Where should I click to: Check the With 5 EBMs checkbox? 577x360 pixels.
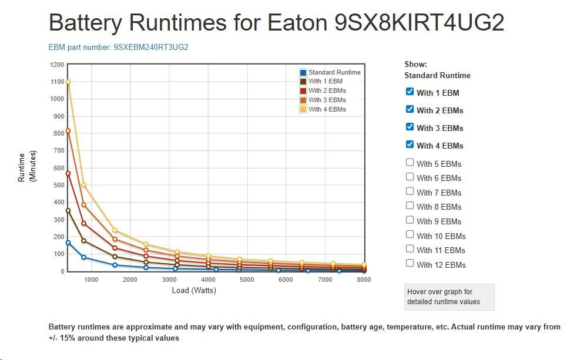[410, 163]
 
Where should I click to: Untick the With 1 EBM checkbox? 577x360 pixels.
[410, 92]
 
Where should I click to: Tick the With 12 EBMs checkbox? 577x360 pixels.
[410, 264]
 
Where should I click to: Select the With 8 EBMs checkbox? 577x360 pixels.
[410, 206]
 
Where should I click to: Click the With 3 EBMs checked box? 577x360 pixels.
[410, 127]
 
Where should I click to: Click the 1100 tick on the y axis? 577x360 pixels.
[56, 82]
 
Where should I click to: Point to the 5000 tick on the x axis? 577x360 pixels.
[247, 280]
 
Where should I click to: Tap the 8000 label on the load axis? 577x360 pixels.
[364, 280]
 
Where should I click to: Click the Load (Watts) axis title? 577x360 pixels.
[194, 290]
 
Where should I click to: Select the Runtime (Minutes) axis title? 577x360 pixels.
[27, 167]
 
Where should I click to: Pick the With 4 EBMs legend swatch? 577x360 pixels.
[303, 110]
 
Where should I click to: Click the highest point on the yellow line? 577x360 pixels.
[68, 82]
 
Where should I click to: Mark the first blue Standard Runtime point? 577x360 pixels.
[68, 243]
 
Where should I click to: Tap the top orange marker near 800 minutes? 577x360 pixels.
[68, 130]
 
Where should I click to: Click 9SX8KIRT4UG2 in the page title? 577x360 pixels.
[419, 23]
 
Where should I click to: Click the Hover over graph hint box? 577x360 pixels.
[449, 297]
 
